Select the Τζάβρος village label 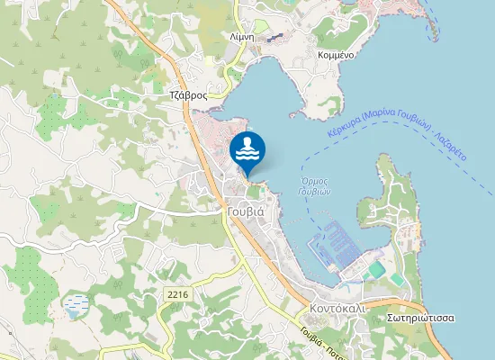[189, 94]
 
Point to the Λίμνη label [243, 38]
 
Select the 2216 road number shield [177, 293]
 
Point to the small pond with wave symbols [76, 307]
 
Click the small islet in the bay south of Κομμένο [293, 115]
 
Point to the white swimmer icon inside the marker [247, 148]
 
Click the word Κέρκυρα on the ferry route [344, 129]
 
